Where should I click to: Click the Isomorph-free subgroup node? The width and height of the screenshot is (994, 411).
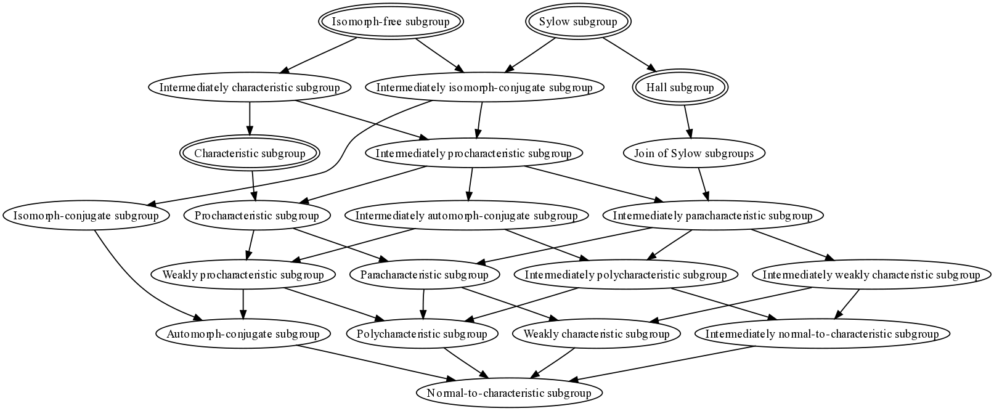[x=391, y=22]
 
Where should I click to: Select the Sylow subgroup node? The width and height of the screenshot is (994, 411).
[x=578, y=22]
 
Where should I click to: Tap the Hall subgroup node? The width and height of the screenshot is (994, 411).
[x=680, y=87]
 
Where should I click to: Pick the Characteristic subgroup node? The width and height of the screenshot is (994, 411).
[x=250, y=153]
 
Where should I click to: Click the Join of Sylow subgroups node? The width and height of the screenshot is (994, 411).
[x=694, y=153]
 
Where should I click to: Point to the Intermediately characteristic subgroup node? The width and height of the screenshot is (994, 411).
[x=250, y=87]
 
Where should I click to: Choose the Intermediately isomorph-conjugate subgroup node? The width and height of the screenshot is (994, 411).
[x=484, y=87]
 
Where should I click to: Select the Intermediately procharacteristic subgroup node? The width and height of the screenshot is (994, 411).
[x=474, y=153]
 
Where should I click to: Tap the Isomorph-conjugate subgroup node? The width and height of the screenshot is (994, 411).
[x=86, y=216]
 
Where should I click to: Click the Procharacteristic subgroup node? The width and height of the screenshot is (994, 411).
[x=257, y=216]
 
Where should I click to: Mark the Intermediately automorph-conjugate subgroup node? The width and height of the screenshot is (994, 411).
[x=466, y=216]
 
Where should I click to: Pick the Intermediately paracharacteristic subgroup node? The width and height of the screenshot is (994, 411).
[x=712, y=216]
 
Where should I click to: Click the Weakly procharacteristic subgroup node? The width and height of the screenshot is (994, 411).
[x=243, y=275]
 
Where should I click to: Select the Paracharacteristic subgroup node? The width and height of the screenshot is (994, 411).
[x=425, y=275]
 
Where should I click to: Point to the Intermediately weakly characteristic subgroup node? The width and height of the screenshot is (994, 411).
[x=871, y=275]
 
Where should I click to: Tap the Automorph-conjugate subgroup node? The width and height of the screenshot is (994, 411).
[x=243, y=334]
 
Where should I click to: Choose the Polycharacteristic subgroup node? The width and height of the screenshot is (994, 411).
[x=423, y=334]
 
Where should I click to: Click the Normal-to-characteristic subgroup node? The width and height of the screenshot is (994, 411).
[x=509, y=393]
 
